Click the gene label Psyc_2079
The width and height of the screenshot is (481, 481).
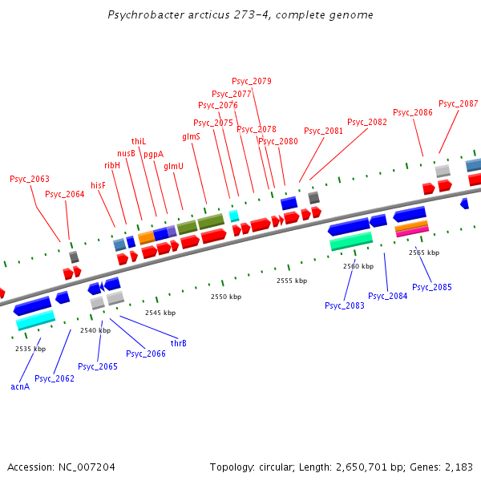252,81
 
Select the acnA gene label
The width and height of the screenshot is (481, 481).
20,386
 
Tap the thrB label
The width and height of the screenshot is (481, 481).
178,343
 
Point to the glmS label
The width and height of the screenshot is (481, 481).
191,137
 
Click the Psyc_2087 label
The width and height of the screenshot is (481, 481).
458,104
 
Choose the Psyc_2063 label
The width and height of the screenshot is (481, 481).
29,180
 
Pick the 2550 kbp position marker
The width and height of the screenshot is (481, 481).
225,297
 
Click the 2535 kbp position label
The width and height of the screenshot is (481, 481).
30,349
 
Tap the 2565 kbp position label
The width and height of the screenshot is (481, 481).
423,253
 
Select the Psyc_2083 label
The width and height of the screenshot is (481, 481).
345,305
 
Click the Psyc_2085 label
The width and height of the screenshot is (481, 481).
432,287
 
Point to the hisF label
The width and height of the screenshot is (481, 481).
98,185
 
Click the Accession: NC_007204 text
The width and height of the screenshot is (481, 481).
61,467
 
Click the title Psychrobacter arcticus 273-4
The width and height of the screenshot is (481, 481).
240,15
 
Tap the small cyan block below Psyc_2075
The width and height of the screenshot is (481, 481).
234,216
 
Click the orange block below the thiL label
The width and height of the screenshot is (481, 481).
146,237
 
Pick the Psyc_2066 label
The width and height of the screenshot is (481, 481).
146,354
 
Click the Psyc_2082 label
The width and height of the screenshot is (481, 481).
367,123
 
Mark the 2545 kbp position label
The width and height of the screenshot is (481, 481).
160,313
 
